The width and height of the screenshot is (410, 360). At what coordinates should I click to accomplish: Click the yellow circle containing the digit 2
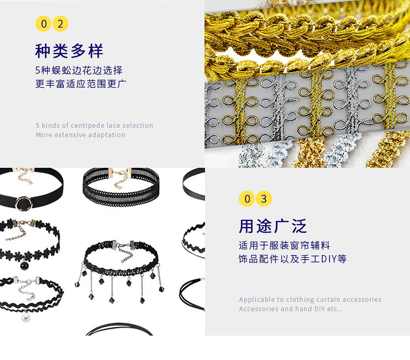point(60,24)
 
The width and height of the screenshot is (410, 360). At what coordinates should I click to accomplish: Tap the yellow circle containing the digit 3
point(264,199)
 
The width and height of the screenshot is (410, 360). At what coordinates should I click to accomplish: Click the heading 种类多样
point(70,51)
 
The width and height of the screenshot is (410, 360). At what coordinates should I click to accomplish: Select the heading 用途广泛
point(272,226)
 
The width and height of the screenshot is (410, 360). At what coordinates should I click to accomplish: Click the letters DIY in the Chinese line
point(329,259)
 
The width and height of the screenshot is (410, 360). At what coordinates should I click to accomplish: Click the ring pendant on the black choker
point(24,203)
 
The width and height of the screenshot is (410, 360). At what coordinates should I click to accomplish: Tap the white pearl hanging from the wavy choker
point(25,317)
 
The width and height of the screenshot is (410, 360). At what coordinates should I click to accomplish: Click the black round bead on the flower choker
point(24,265)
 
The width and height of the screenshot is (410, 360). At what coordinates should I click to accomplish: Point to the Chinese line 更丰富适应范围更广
point(81,84)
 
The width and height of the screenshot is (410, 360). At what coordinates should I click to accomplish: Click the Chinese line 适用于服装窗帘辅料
point(284,246)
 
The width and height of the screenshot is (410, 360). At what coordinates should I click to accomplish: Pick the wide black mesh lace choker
point(121,186)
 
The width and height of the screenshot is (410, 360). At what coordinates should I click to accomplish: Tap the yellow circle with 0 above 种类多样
point(44,24)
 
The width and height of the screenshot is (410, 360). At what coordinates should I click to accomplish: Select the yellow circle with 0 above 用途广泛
point(247,199)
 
